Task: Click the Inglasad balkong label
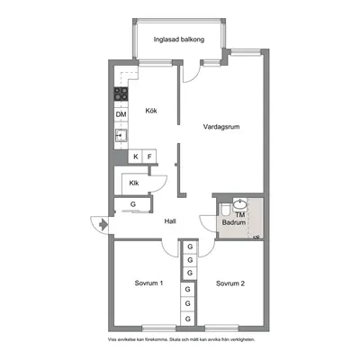click(179, 40)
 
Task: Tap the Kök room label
click(151, 111)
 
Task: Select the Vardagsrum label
click(221, 127)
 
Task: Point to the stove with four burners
click(121, 94)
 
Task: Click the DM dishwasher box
click(121, 114)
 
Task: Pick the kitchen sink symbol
click(121, 136)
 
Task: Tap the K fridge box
click(136, 157)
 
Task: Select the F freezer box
click(149, 157)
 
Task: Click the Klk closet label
click(134, 183)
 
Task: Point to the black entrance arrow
click(103, 224)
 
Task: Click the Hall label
click(170, 221)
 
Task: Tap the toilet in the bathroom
click(225, 210)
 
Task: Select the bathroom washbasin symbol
click(240, 204)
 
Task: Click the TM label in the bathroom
click(240, 215)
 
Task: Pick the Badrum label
click(234, 222)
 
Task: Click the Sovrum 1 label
click(148, 283)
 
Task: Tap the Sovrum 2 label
click(230, 283)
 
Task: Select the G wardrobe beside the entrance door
click(133, 204)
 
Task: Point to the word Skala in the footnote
click(174, 340)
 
